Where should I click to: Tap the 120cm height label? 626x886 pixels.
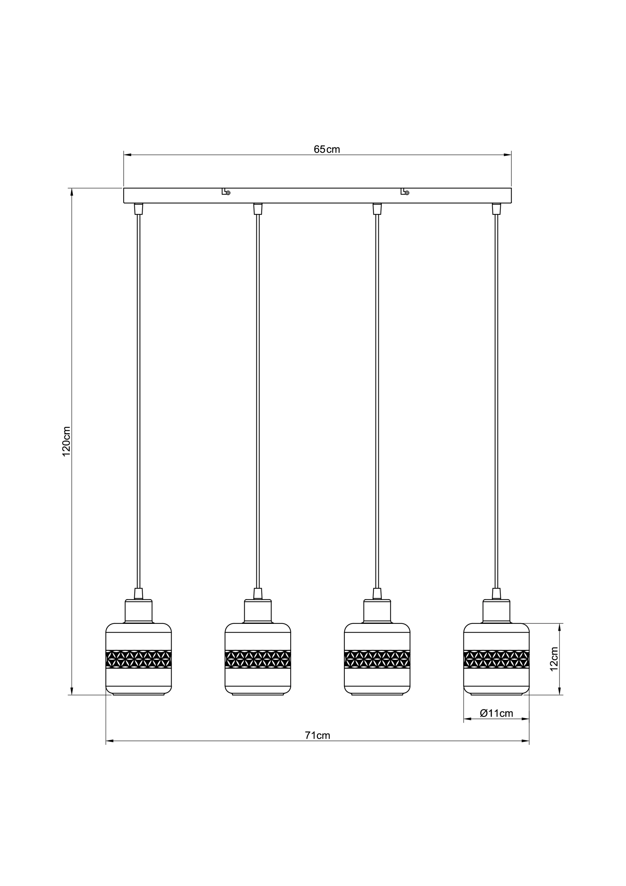tap(67, 442)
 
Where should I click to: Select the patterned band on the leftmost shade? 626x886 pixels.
tap(139, 659)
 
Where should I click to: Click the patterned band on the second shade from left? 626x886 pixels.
tap(258, 659)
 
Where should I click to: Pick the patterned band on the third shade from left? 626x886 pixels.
tap(377, 659)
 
